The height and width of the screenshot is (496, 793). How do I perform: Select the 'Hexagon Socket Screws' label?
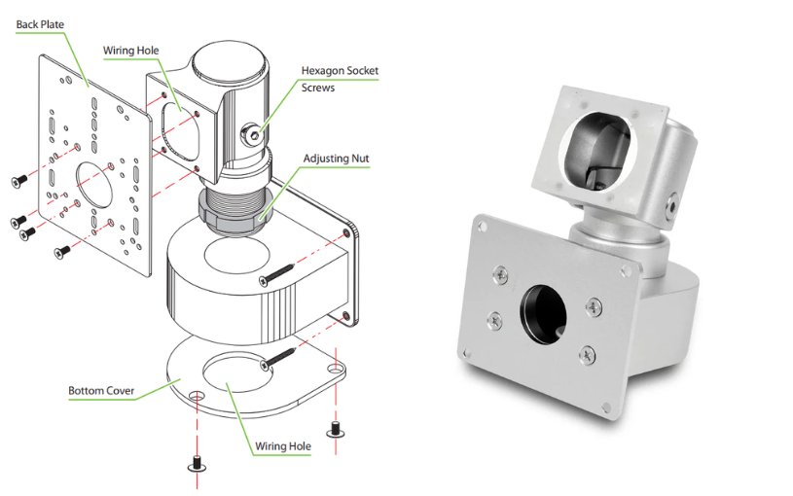point(340,79)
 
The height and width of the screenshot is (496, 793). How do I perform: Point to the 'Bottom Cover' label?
point(100,392)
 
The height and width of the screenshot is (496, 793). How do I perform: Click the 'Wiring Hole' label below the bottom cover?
point(283,447)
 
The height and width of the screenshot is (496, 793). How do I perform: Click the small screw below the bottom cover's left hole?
point(196,465)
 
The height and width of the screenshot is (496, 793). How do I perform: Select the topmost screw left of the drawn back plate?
point(18,181)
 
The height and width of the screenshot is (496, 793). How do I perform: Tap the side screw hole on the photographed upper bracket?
point(672,206)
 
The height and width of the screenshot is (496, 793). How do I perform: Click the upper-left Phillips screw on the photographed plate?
point(501,274)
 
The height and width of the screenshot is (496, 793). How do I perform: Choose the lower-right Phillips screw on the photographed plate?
point(589,354)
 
